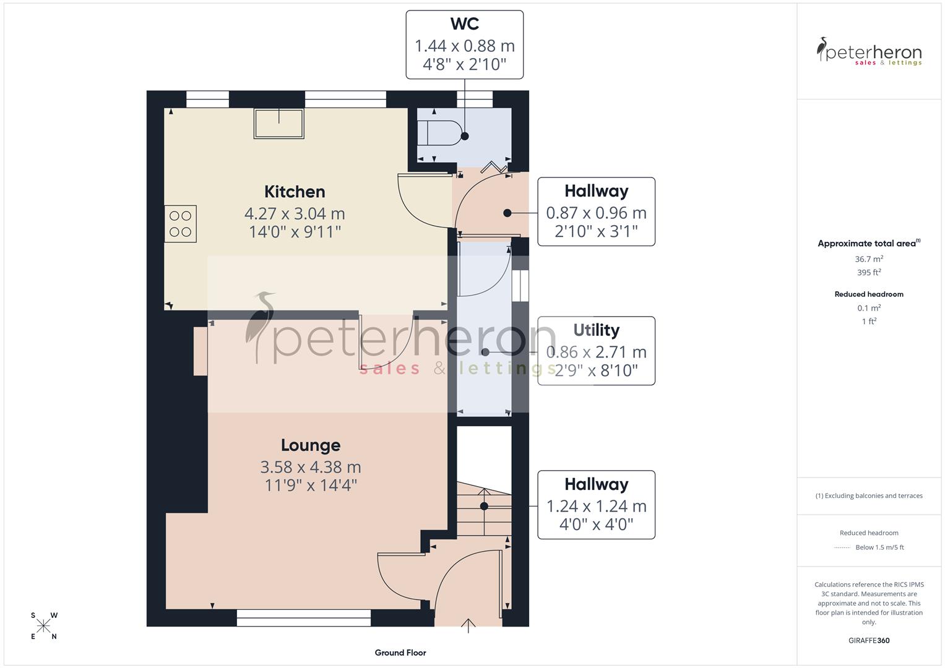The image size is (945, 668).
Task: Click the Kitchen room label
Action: [x=295, y=192]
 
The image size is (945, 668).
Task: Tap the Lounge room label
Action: [x=311, y=445]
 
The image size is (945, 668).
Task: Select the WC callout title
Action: [x=464, y=24]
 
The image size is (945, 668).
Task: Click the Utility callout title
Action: [x=596, y=330]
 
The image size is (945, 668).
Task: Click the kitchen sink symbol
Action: [x=279, y=124]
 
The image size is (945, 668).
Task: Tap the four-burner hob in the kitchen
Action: [x=180, y=224]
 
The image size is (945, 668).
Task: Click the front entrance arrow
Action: [x=468, y=625]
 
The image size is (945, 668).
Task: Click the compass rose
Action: [x=44, y=626]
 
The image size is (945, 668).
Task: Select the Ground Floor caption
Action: [x=400, y=653]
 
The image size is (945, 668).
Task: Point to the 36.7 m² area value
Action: [x=869, y=259]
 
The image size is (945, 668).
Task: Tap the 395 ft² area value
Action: [x=869, y=273]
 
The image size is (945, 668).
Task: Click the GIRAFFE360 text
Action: [x=869, y=640]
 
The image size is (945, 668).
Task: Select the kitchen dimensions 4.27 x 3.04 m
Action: [x=295, y=213]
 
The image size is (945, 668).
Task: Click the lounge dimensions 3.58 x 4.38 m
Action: [x=311, y=467]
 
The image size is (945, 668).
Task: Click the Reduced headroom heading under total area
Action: [x=869, y=294]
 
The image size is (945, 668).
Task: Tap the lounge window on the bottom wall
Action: [x=304, y=617]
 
